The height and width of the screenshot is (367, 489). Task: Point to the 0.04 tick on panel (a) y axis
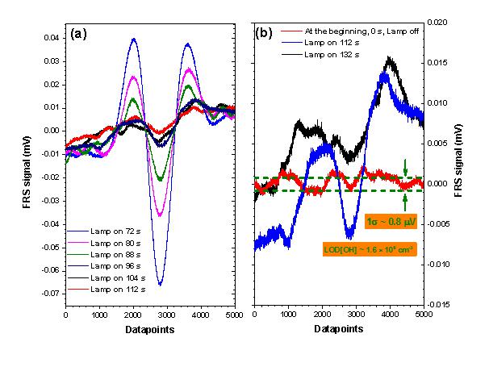[53, 38]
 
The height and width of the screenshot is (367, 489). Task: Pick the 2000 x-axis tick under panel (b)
[321, 315]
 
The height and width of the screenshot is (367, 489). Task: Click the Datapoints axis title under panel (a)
[145, 329]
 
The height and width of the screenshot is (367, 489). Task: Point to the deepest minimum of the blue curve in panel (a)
[160, 285]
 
